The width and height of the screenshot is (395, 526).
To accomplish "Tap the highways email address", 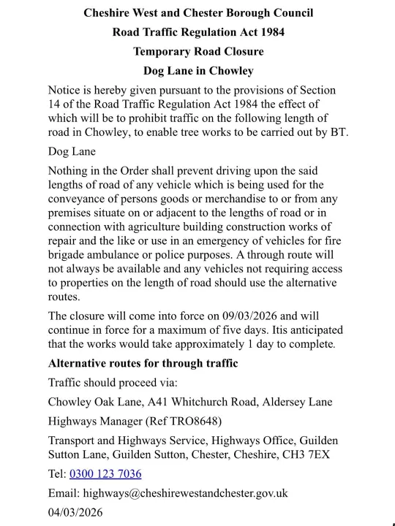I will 185,493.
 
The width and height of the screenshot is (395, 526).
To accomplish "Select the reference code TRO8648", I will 193,421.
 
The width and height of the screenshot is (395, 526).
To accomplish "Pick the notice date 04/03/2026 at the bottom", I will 75,512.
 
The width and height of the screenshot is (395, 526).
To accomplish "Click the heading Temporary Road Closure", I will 198,51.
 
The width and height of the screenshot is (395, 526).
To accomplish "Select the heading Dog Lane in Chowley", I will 198,71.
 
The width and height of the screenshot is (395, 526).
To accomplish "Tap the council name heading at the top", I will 198,13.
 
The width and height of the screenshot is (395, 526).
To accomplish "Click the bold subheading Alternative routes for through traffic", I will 143,363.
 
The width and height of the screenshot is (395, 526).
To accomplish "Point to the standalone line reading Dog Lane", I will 72,152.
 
